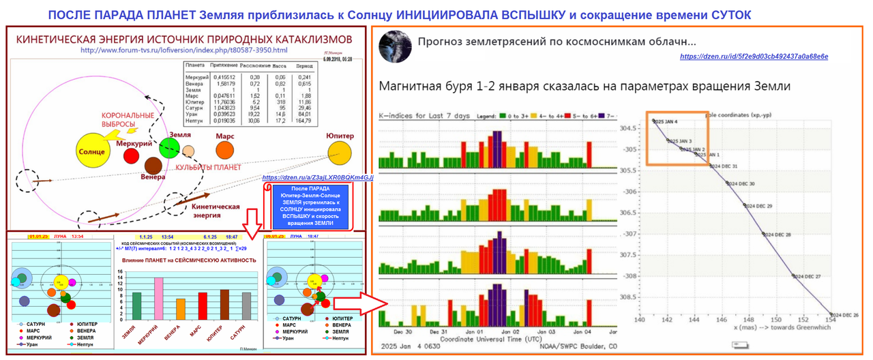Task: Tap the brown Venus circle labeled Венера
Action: (153, 166)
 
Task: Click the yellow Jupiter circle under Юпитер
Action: (339, 151)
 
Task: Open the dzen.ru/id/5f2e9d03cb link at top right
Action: (754, 57)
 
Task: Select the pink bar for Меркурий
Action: (158, 299)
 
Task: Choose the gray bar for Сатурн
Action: (246, 306)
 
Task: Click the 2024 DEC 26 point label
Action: (844, 314)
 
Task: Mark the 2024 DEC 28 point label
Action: (780, 235)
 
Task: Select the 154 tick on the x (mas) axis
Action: (830, 320)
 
